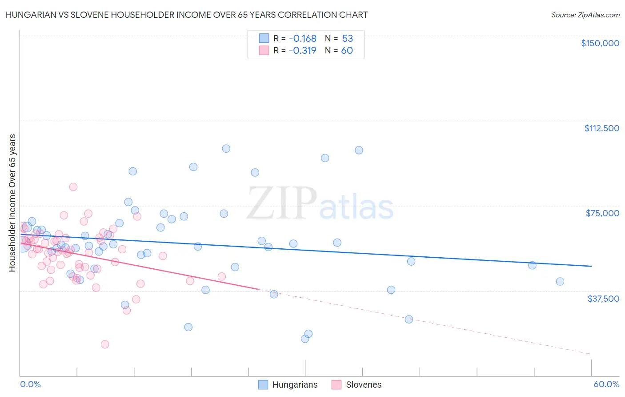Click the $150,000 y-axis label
pyautogui.click(x=600, y=43)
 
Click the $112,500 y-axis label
pyautogui.click(x=601, y=128)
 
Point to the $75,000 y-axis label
pyautogui.click(x=602, y=213)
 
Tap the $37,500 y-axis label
pyautogui.click(x=603, y=299)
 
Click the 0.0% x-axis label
pyautogui.click(x=30, y=385)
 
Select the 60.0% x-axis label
pyautogui.click(x=606, y=385)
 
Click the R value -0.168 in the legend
pyautogui.click(x=302, y=39)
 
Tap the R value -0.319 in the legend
pyautogui.click(x=302, y=51)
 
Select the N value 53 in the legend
pyautogui.click(x=347, y=39)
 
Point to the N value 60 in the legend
pyautogui.click(x=347, y=51)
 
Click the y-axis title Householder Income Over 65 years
pyautogui.click(x=12, y=203)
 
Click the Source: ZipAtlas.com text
pyautogui.click(x=585, y=15)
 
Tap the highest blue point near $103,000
pyautogui.click(x=226, y=149)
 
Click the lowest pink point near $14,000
pyautogui.click(x=105, y=344)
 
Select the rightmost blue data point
pyautogui.click(x=560, y=281)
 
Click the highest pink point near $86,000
pyautogui.click(x=73, y=187)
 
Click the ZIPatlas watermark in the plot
pyautogui.click(x=320, y=204)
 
